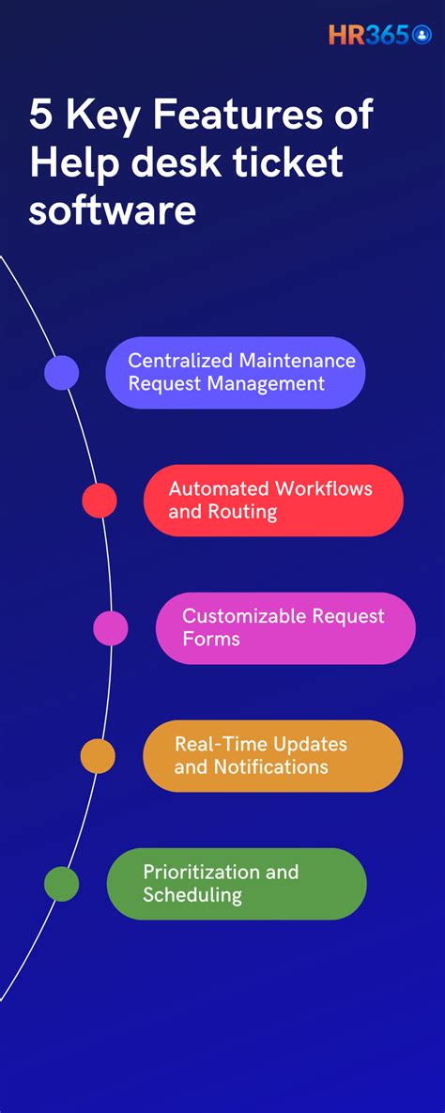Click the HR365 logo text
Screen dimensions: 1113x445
tap(368, 35)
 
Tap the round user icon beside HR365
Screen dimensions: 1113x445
tap(422, 35)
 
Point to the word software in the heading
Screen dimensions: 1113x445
tap(112, 209)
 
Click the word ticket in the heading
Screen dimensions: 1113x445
tap(300, 162)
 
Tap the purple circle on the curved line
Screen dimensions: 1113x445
tap(62, 373)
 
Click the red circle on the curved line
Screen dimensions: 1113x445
tap(100, 501)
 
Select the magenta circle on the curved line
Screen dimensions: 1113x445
tap(111, 628)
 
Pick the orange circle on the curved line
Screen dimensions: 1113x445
tap(98, 756)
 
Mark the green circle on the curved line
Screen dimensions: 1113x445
tap(62, 884)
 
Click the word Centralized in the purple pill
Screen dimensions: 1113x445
tap(180, 361)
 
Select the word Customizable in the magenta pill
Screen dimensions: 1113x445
tap(241, 616)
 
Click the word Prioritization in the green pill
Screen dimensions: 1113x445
tap(200, 872)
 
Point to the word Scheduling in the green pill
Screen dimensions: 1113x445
tap(192, 895)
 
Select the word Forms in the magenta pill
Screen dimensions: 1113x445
tap(211, 640)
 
